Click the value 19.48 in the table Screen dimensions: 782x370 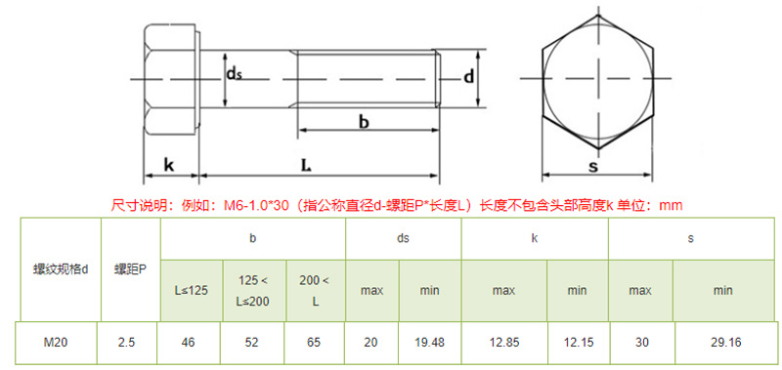[429, 343]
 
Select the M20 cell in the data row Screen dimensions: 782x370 [56, 343]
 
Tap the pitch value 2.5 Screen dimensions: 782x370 [127, 343]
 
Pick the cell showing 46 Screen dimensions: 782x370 [189, 343]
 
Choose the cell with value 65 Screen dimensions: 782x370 [315, 343]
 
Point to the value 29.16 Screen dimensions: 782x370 [726, 343]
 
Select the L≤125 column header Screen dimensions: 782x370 [192, 290]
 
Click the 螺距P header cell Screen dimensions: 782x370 [131, 269]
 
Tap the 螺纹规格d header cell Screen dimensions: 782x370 [61, 269]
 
